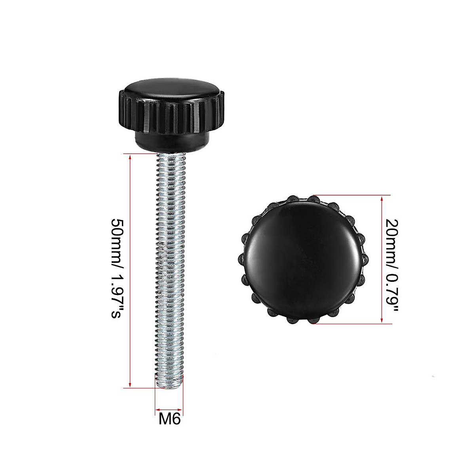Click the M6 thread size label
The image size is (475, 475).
pyautogui.click(x=169, y=419)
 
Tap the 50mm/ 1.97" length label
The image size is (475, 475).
pyautogui.click(x=119, y=269)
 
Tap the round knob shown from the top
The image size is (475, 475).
pyautogui.click(x=304, y=259)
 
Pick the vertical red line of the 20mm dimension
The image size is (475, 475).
pyautogui.click(x=382, y=259)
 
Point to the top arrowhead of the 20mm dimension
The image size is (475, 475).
pyautogui.click(x=382, y=198)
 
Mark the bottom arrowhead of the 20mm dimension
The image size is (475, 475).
pyautogui.click(x=382, y=321)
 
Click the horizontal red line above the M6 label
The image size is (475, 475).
pyautogui.click(x=169, y=409)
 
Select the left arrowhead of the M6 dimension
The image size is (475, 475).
pyautogui.click(x=157, y=409)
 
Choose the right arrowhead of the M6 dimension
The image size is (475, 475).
pyautogui.click(x=182, y=409)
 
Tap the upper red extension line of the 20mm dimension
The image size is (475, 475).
pyautogui.click(x=352, y=195)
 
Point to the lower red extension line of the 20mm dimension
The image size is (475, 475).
pyautogui.click(x=352, y=324)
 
